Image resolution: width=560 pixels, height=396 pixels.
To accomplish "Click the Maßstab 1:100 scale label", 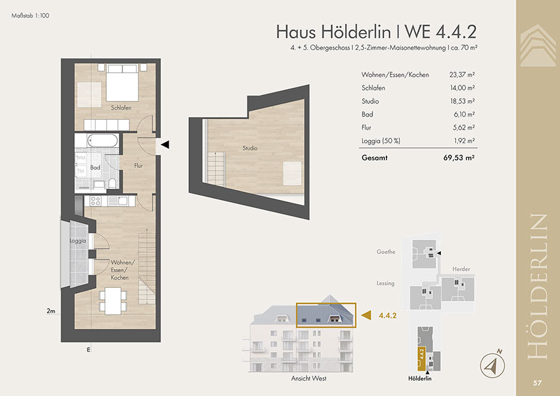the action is click(x=31, y=16).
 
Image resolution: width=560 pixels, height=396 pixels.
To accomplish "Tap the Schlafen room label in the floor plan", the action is click(x=121, y=107).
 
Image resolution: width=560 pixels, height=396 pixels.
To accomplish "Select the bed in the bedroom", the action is click(x=122, y=83).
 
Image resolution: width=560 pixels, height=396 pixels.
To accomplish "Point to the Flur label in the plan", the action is click(x=139, y=165).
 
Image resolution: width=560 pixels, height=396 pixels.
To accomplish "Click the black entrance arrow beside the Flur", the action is click(x=165, y=145).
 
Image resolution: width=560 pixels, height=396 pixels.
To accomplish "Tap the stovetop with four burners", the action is click(x=95, y=201).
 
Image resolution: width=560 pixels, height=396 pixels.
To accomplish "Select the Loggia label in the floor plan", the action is click(x=78, y=241).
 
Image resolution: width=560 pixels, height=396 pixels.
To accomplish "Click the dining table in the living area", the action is click(x=113, y=301).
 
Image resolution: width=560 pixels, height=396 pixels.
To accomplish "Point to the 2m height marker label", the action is click(x=51, y=311).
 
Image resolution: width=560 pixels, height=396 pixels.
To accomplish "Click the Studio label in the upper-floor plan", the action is click(x=250, y=148).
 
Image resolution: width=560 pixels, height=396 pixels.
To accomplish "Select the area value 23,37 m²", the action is click(x=462, y=75).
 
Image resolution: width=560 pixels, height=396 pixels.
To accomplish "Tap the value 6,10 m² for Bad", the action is click(x=464, y=114).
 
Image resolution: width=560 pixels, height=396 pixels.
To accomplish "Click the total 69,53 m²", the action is click(x=459, y=158).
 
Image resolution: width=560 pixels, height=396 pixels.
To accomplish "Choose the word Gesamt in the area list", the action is click(x=374, y=158).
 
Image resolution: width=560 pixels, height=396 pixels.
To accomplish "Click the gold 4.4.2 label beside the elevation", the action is click(x=388, y=316).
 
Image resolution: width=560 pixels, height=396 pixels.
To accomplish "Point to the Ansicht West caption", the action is click(x=309, y=378).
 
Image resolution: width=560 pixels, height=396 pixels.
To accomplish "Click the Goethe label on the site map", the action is click(x=386, y=252).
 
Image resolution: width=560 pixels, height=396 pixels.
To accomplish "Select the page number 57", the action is click(x=537, y=383).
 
